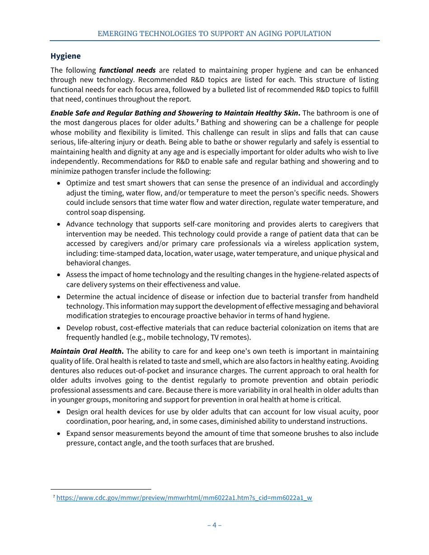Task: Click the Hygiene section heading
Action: click(65, 56)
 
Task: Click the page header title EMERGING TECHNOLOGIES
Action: click(214, 34)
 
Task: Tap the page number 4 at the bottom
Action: click(214, 525)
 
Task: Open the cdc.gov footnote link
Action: click(184, 498)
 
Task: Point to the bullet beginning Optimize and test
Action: click(60, 184)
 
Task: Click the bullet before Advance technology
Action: click(60, 225)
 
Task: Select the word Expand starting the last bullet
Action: click(78, 434)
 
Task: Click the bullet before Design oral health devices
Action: click(60, 412)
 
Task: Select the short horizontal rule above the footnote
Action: click(101, 489)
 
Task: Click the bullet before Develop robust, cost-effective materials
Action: click(60, 328)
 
